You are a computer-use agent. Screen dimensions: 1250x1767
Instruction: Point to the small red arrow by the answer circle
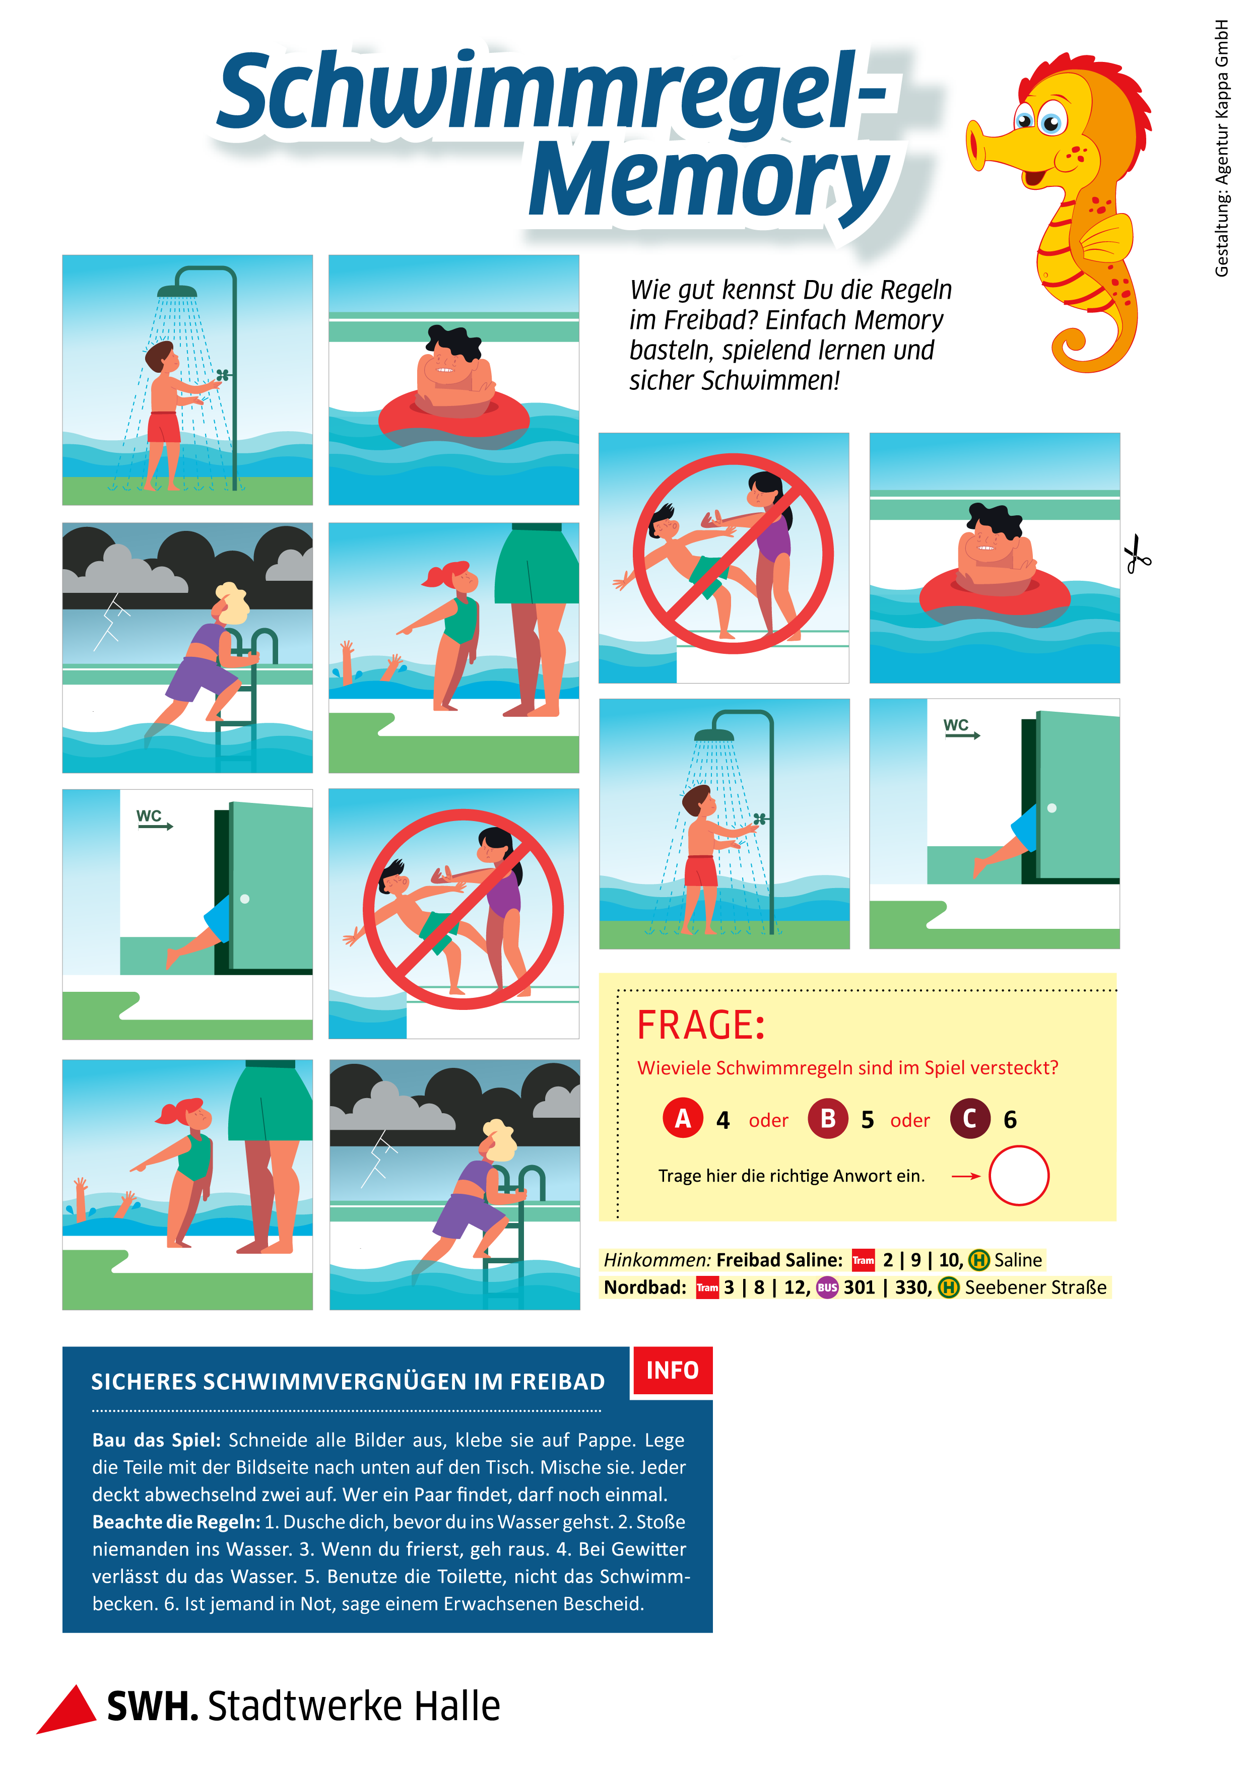966,1176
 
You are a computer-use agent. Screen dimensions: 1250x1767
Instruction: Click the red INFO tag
672,1370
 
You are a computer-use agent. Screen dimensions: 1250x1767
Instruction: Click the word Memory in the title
708,182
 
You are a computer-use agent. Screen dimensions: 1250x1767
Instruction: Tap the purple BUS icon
827,1287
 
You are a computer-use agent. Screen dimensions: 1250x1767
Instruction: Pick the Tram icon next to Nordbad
706,1287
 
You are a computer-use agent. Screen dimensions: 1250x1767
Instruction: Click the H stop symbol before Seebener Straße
948,1287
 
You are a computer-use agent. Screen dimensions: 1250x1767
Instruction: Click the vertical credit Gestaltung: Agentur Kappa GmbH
1221,148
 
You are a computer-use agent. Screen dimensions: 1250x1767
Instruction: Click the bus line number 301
859,1287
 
